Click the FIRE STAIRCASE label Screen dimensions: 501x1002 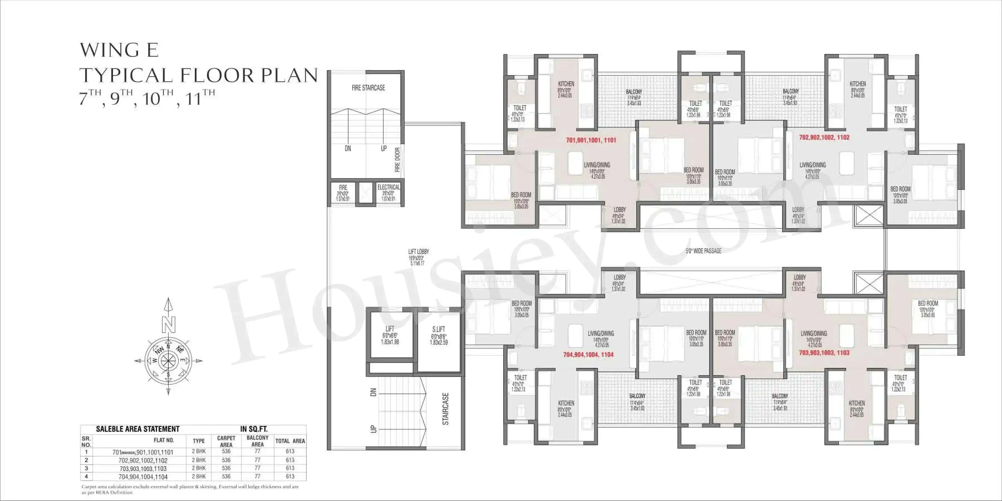tap(368, 88)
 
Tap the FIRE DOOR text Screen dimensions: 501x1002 tap(397, 159)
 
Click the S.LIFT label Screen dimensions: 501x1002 tap(438, 329)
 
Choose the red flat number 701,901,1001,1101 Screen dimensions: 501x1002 tap(591, 140)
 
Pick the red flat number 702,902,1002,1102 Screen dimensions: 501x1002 tap(824, 137)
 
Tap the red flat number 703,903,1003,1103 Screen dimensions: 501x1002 tap(824, 353)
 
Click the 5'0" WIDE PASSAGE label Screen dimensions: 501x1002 tap(703, 251)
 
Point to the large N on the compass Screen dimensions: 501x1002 tap(168, 325)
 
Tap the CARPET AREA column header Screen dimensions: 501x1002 tap(226, 441)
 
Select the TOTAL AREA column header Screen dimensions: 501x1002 tap(290, 441)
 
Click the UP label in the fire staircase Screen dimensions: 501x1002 tap(384, 148)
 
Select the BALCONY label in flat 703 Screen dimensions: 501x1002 tap(780, 396)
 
